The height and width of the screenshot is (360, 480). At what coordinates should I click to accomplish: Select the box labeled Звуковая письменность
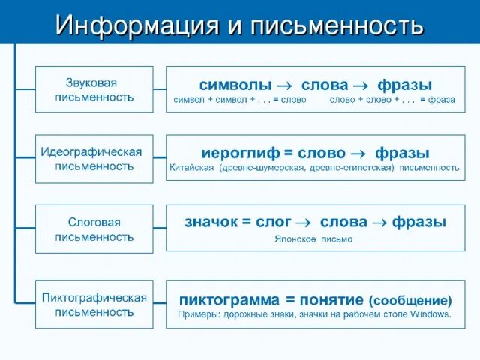(x=94, y=88)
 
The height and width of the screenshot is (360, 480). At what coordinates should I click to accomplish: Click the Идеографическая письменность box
(x=94, y=159)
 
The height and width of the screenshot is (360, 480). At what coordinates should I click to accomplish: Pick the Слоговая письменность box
(x=94, y=229)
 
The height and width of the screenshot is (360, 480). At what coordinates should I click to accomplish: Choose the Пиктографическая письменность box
(x=94, y=304)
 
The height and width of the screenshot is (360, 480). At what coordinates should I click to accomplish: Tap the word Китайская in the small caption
(x=193, y=167)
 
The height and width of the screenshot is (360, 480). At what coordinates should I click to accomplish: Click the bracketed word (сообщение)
(x=410, y=300)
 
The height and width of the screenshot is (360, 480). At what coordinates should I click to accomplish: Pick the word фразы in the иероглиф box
(x=402, y=153)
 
